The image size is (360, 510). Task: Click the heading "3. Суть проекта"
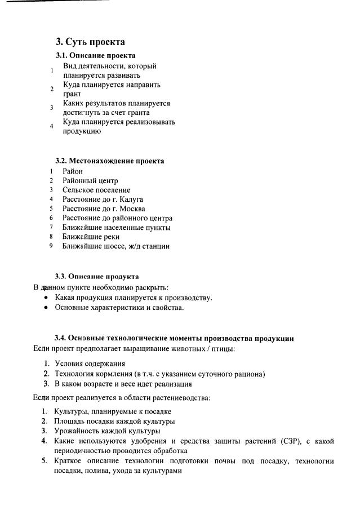(x=90, y=42)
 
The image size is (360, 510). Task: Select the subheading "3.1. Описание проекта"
(x=95, y=55)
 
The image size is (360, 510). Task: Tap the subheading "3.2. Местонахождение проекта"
(x=109, y=161)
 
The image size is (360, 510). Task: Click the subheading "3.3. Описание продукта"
(x=96, y=276)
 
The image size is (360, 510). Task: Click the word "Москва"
(x=132, y=209)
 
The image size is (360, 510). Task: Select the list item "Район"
(x=73, y=171)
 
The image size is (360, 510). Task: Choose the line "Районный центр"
(x=90, y=180)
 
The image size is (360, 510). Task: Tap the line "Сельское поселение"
(x=96, y=190)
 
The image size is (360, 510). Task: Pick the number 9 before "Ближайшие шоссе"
(x=51, y=246)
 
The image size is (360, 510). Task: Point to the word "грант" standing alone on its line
(x=72, y=94)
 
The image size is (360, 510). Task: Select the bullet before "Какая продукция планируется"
(x=46, y=298)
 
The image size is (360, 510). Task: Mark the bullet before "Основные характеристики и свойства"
(x=46, y=308)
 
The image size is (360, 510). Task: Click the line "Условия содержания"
(x=90, y=363)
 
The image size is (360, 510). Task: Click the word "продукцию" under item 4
(x=82, y=131)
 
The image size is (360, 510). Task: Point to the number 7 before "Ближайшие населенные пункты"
(x=51, y=227)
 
